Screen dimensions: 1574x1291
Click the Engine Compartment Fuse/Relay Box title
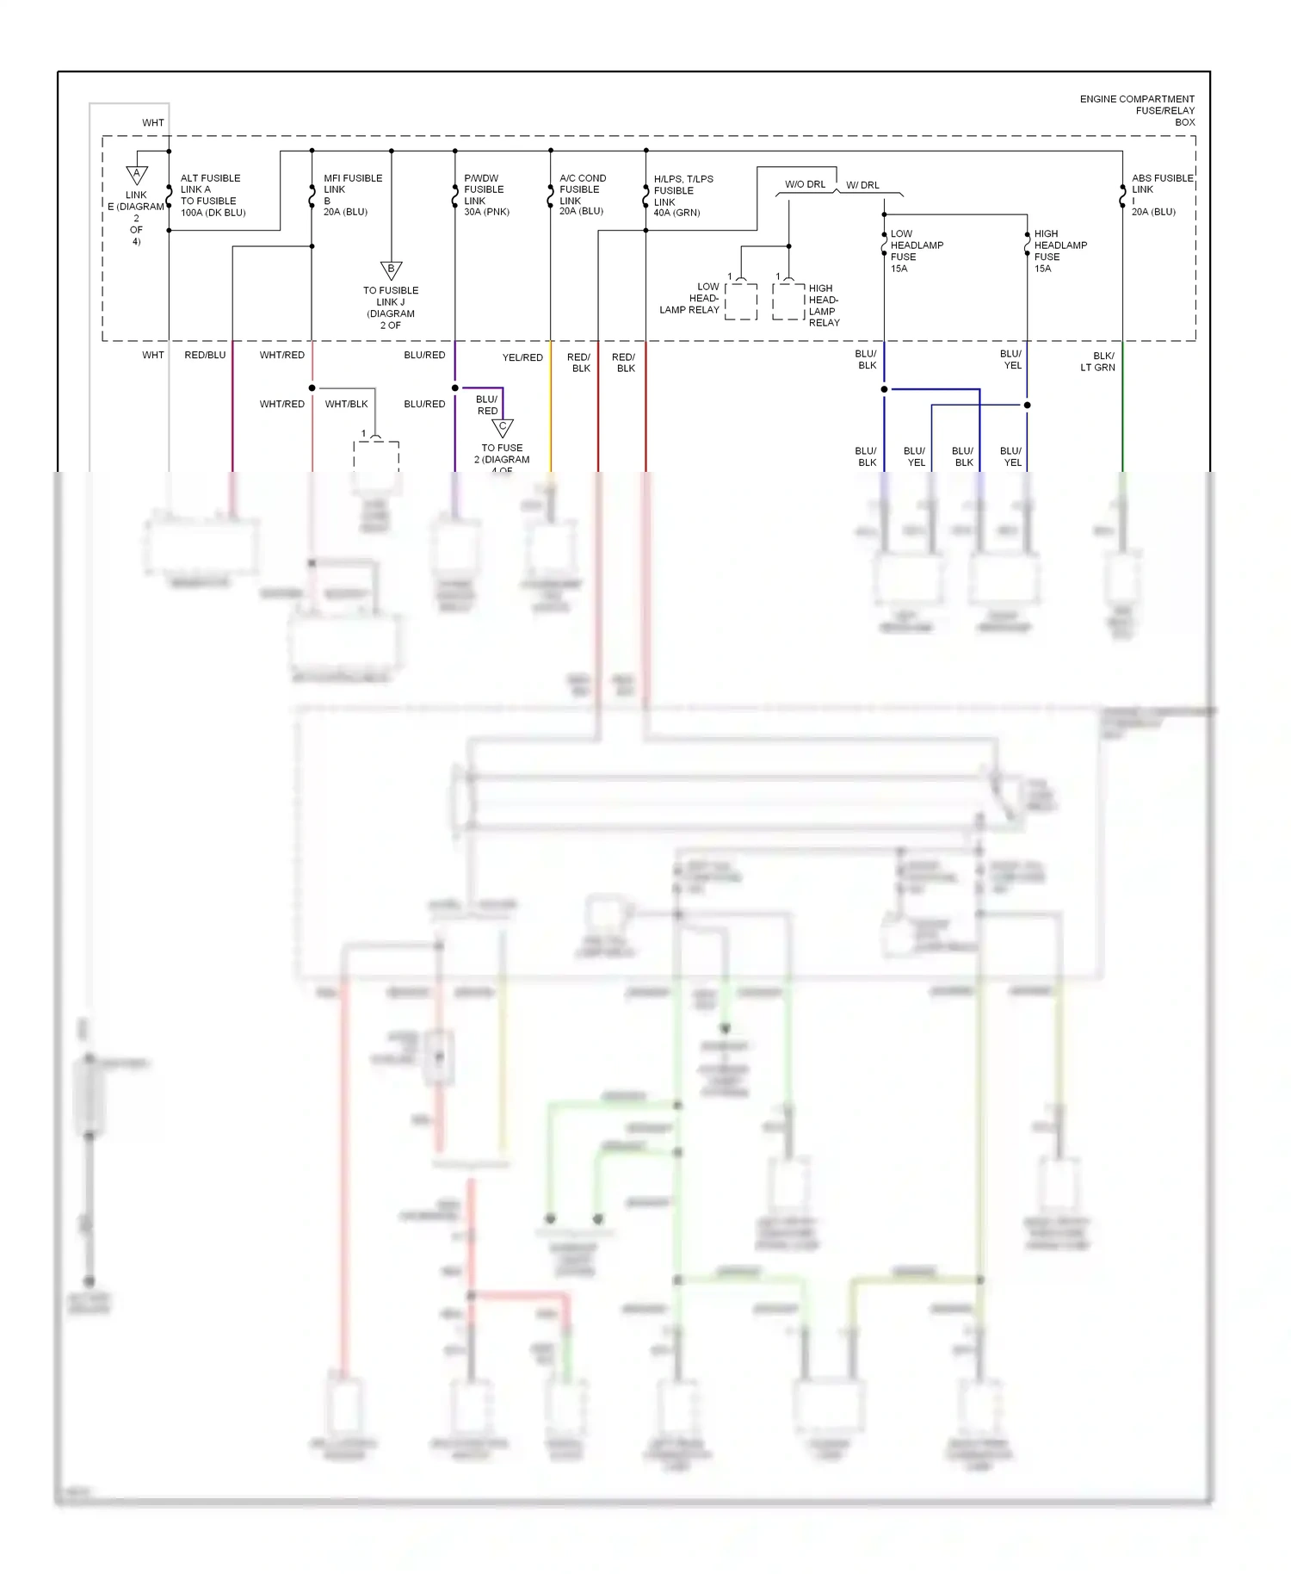tap(1137, 110)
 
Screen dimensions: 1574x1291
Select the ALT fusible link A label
tap(212, 195)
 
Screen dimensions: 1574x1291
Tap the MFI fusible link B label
tap(352, 195)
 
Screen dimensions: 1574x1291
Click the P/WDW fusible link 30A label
tap(486, 195)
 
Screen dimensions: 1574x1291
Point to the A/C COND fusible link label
tap(583, 195)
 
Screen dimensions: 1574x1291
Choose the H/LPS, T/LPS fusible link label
tap(683, 195)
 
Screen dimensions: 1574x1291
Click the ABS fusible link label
tap(1161, 195)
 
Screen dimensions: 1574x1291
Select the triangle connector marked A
tap(137, 175)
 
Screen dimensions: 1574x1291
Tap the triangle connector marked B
tap(391, 270)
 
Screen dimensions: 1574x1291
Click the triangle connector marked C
tap(503, 428)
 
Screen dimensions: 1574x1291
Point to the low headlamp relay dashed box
tap(741, 301)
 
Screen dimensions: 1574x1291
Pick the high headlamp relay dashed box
tap(788, 301)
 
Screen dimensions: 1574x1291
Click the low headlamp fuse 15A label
tap(916, 251)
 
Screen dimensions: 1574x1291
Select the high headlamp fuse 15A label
tap(1059, 251)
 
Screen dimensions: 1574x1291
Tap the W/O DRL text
tap(805, 184)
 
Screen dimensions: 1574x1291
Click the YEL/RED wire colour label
tap(522, 357)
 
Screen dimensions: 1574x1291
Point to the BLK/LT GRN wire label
tap(1097, 362)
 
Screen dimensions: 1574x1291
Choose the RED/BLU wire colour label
tap(205, 355)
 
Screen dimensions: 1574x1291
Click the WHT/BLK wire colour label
tap(346, 404)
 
